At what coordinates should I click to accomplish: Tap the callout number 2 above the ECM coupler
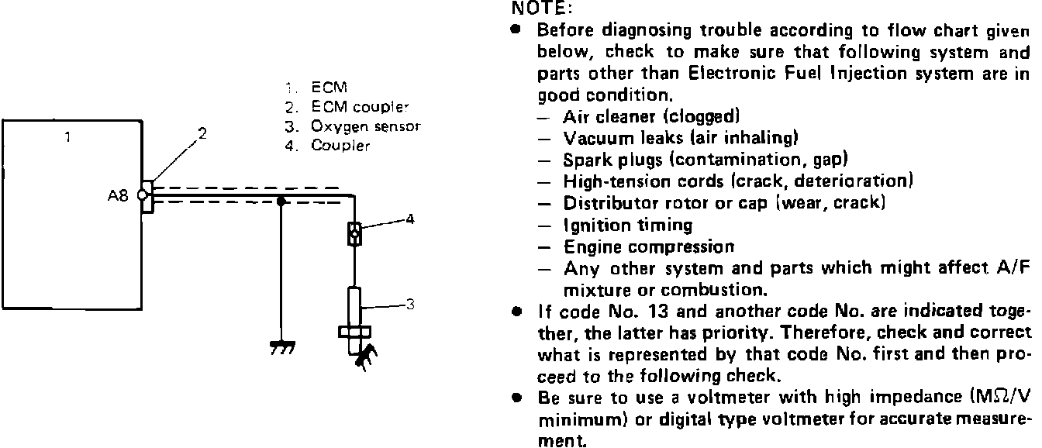pyautogui.click(x=202, y=133)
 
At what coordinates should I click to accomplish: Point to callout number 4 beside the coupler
pyautogui.click(x=410, y=219)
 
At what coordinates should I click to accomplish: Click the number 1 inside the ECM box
pyautogui.click(x=67, y=138)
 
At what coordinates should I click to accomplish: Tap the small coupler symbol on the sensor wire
pyautogui.click(x=354, y=232)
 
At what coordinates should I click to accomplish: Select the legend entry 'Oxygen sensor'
pyautogui.click(x=365, y=126)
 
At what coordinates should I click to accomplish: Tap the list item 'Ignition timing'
pyautogui.click(x=628, y=226)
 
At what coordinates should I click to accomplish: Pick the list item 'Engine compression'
pyautogui.click(x=648, y=247)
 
